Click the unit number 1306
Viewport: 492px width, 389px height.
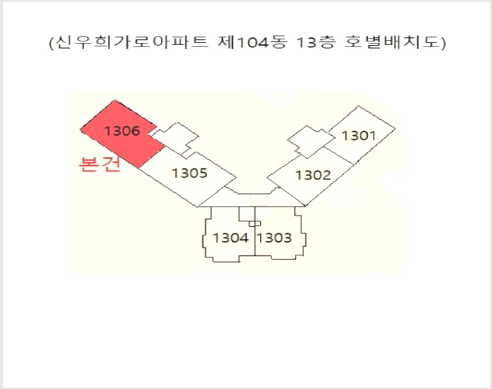click(121, 131)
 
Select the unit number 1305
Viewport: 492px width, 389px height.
click(190, 173)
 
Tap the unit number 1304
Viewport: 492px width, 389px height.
click(231, 237)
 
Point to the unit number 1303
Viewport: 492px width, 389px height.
click(274, 237)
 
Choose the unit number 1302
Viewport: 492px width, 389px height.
click(313, 175)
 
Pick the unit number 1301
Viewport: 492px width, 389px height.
click(358, 136)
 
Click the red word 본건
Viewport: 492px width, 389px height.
click(100, 164)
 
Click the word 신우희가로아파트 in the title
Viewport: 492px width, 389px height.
click(132, 42)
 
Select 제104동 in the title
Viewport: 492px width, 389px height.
click(253, 42)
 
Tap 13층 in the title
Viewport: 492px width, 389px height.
click(316, 42)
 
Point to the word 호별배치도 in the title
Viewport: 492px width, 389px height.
click(391, 42)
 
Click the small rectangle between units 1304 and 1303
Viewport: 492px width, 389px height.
click(254, 223)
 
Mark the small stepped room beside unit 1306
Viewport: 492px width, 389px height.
click(175, 137)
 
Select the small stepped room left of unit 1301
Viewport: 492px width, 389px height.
click(311, 142)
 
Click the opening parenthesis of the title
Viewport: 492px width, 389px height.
click(51, 43)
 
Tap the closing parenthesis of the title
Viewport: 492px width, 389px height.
click(443, 43)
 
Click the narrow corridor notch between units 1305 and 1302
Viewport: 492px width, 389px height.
click(251, 190)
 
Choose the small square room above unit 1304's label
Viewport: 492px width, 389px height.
click(247, 214)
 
